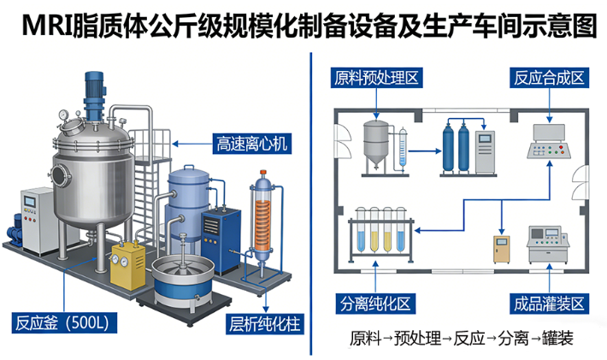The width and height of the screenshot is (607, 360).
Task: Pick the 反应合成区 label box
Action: pos(549,79)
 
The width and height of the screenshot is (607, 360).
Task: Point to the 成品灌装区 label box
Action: pos(549,304)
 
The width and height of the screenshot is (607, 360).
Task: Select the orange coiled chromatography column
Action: pos(264,221)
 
